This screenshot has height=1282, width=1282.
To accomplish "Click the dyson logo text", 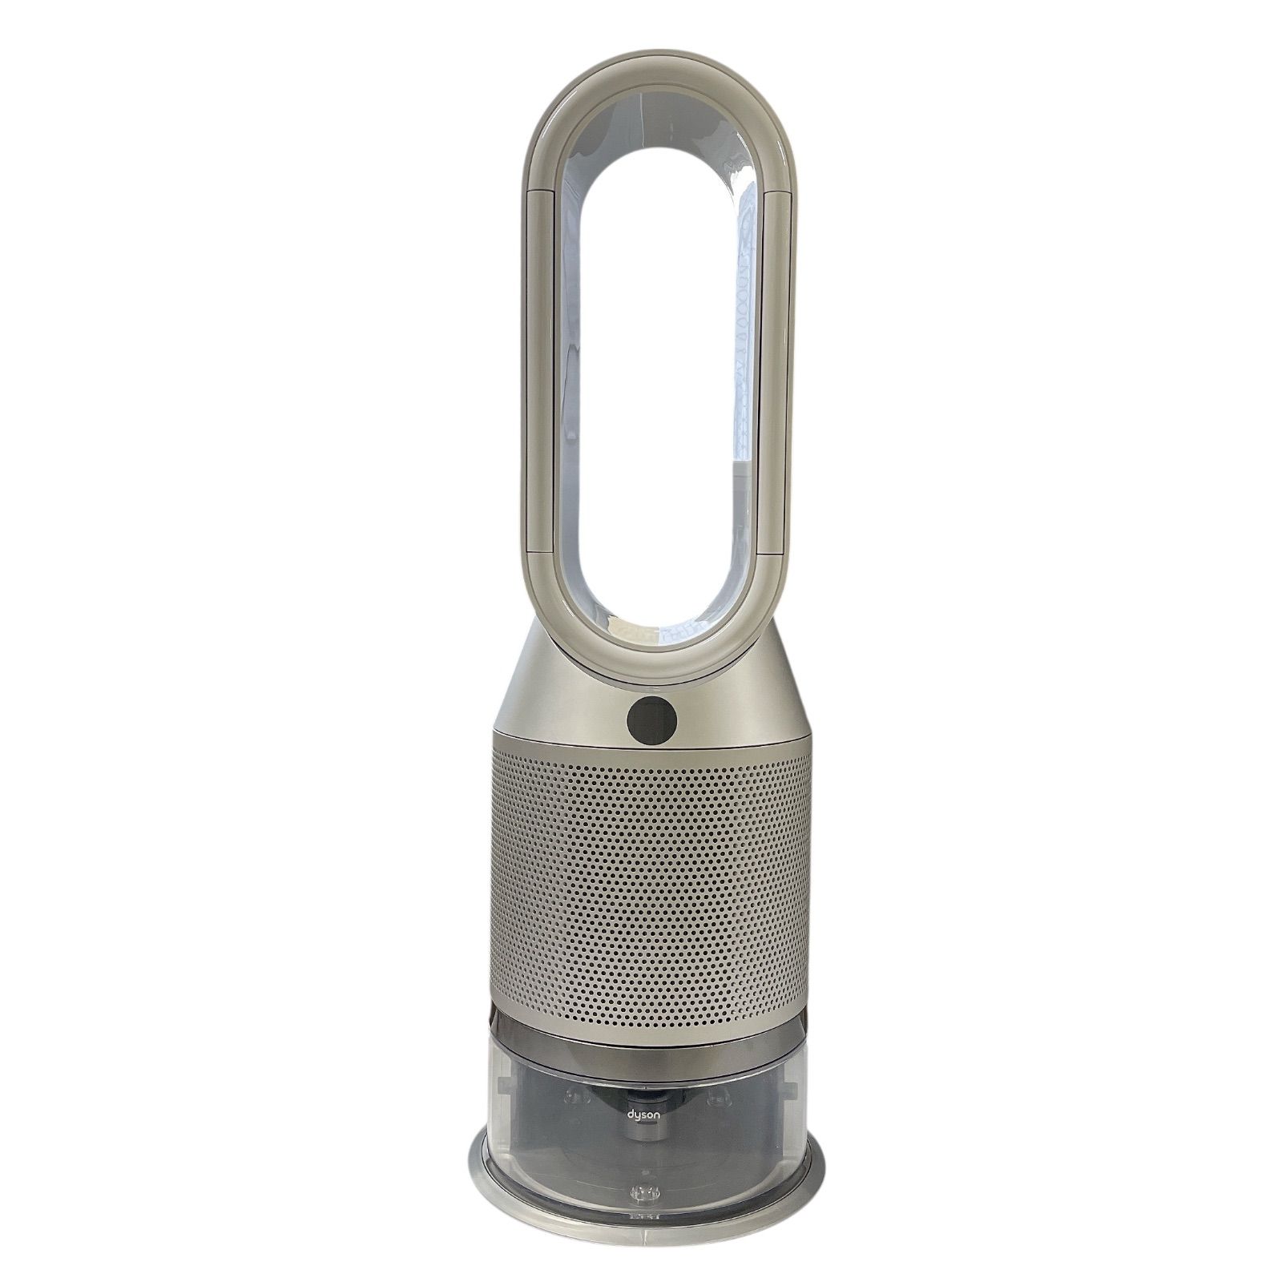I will click(641, 1116).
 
